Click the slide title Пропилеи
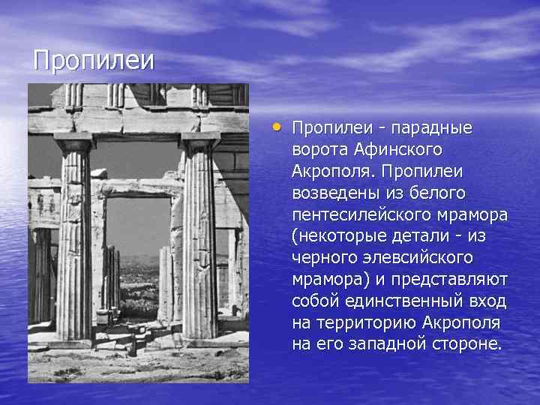coord(93,60)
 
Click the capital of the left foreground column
coord(73,141)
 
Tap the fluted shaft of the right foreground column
coord(199,240)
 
